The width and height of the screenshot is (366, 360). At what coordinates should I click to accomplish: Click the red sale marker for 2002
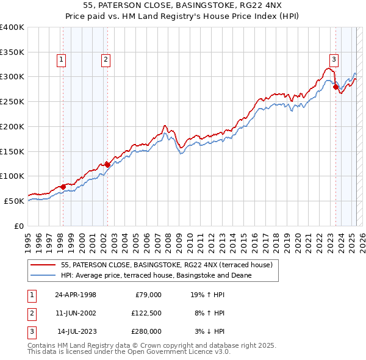click(107, 164)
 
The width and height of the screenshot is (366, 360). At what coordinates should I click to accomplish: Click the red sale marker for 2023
click(335, 87)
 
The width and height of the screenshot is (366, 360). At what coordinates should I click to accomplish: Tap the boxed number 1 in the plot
click(62, 60)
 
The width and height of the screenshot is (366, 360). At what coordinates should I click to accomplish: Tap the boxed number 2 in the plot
click(106, 60)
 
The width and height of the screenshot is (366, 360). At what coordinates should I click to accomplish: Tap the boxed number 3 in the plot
click(334, 60)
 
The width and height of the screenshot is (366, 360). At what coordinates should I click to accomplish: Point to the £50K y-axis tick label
click(14, 201)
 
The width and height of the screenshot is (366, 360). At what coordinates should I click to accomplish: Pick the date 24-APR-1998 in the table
click(76, 295)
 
